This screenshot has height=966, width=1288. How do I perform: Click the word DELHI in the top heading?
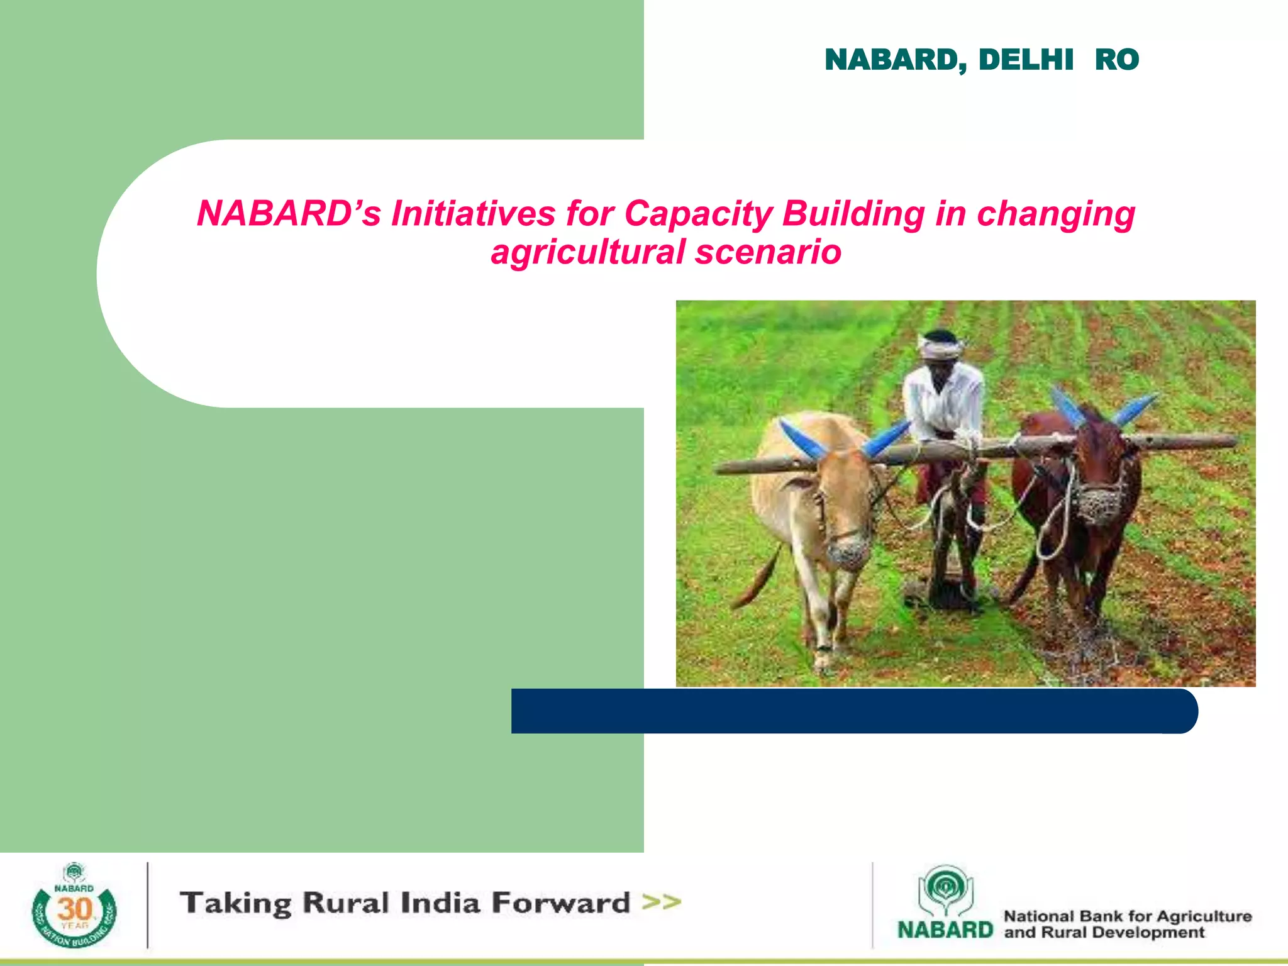(x=1026, y=60)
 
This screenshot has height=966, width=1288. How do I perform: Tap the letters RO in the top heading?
(x=1116, y=60)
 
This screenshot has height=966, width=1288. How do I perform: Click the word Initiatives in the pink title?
(x=473, y=213)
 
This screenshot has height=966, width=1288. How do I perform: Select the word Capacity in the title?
(x=698, y=213)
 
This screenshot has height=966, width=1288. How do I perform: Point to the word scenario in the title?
(x=768, y=252)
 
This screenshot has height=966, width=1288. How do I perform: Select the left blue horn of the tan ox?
(x=802, y=439)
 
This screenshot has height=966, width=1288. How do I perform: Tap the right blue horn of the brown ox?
(x=1135, y=409)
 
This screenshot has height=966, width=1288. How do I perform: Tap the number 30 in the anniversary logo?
(x=74, y=909)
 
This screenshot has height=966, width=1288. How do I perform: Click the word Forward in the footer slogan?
(x=560, y=902)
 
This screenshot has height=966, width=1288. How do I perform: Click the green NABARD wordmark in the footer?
(x=945, y=930)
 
